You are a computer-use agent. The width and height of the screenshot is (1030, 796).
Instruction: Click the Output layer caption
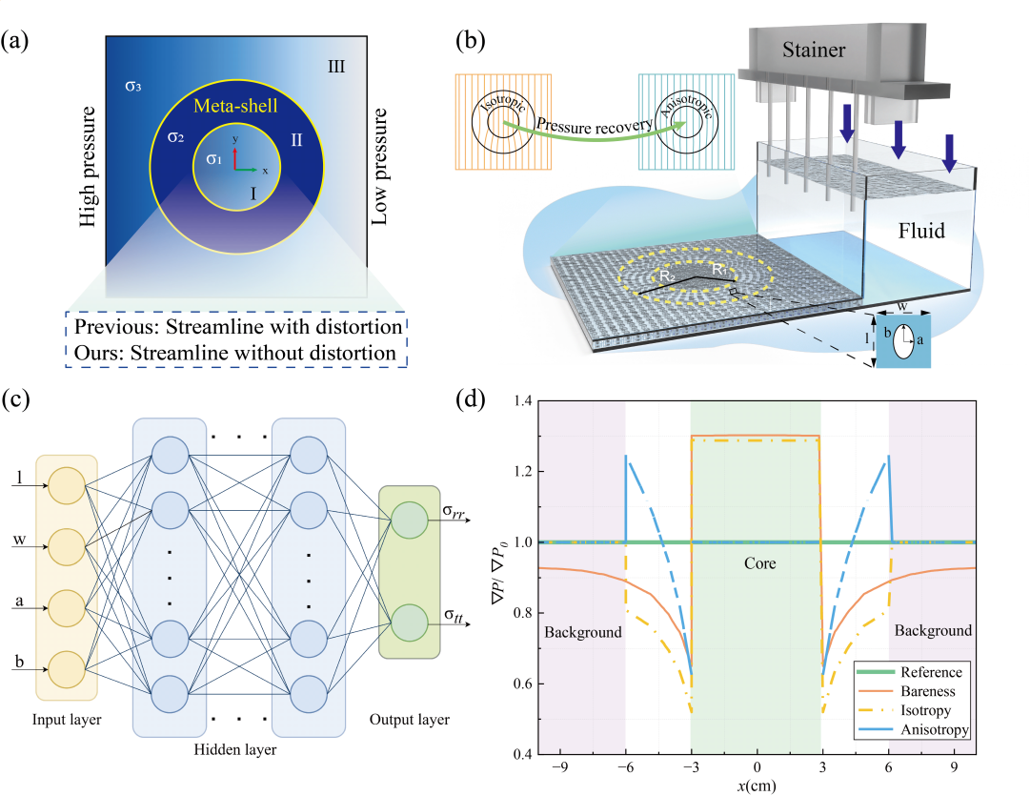point(410,718)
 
